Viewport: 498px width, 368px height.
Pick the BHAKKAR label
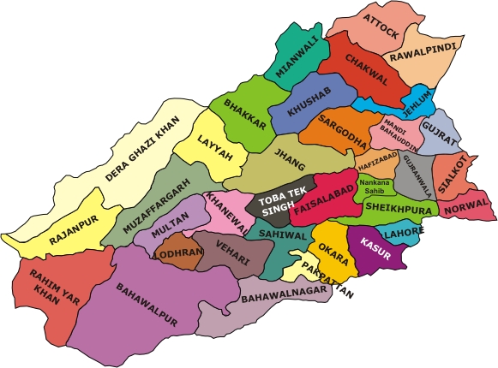(243, 114)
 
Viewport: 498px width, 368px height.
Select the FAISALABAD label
(320, 197)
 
